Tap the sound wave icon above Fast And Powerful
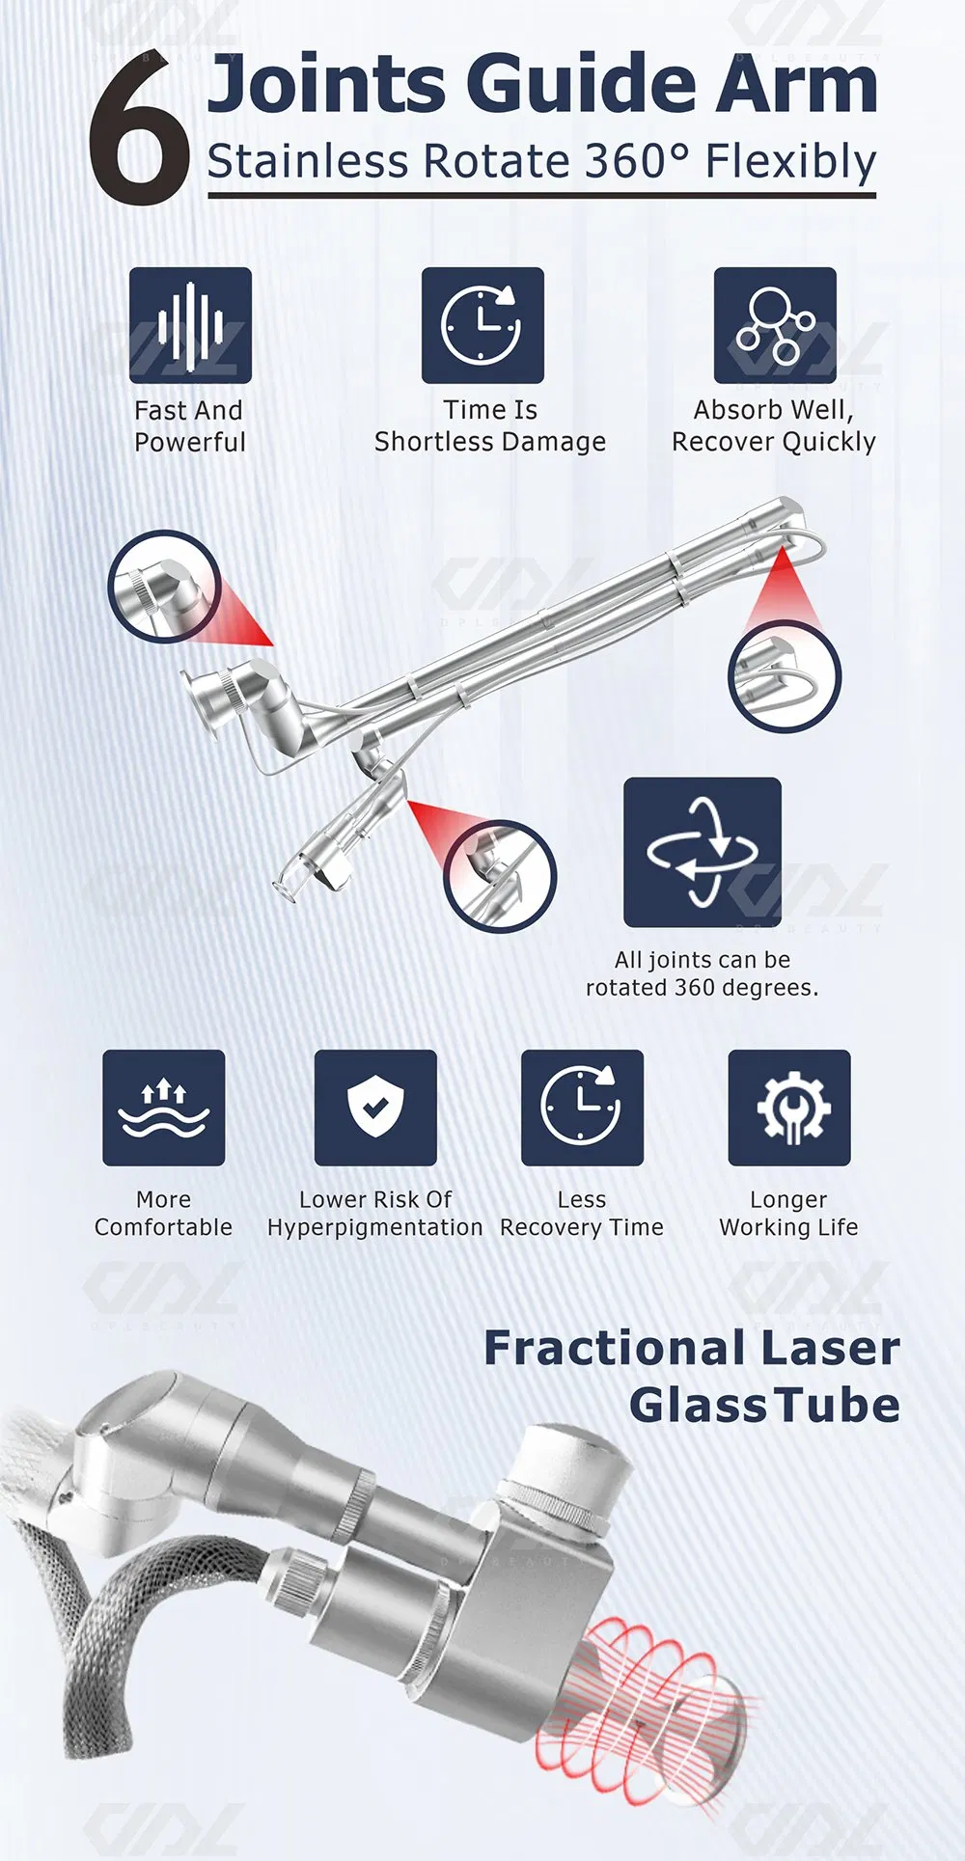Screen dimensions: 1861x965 click(x=190, y=325)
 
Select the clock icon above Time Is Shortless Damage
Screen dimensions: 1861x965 click(x=482, y=325)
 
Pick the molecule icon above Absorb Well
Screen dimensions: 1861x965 click(x=775, y=325)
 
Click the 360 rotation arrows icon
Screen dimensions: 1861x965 click(x=702, y=852)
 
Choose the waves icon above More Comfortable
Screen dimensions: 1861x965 click(x=164, y=1108)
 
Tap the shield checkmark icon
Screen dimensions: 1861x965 click(x=375, y=1108)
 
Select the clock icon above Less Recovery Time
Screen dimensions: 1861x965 click(x=582, y=1108)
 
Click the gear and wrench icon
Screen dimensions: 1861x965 click(x=789, y=1108)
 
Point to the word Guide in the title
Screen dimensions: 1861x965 click(x=577, y=85)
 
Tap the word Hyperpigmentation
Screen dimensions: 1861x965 click(x=375, y=1227)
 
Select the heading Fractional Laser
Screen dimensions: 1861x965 click(x=691, y=1347)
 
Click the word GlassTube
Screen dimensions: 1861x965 click(x=764, y=1405)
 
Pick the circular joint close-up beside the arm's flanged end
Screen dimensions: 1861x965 click(x=165, y=588)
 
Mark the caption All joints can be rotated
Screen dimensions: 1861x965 click(x=702, y=973)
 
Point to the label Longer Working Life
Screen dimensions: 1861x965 click(x=788, y=1214)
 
